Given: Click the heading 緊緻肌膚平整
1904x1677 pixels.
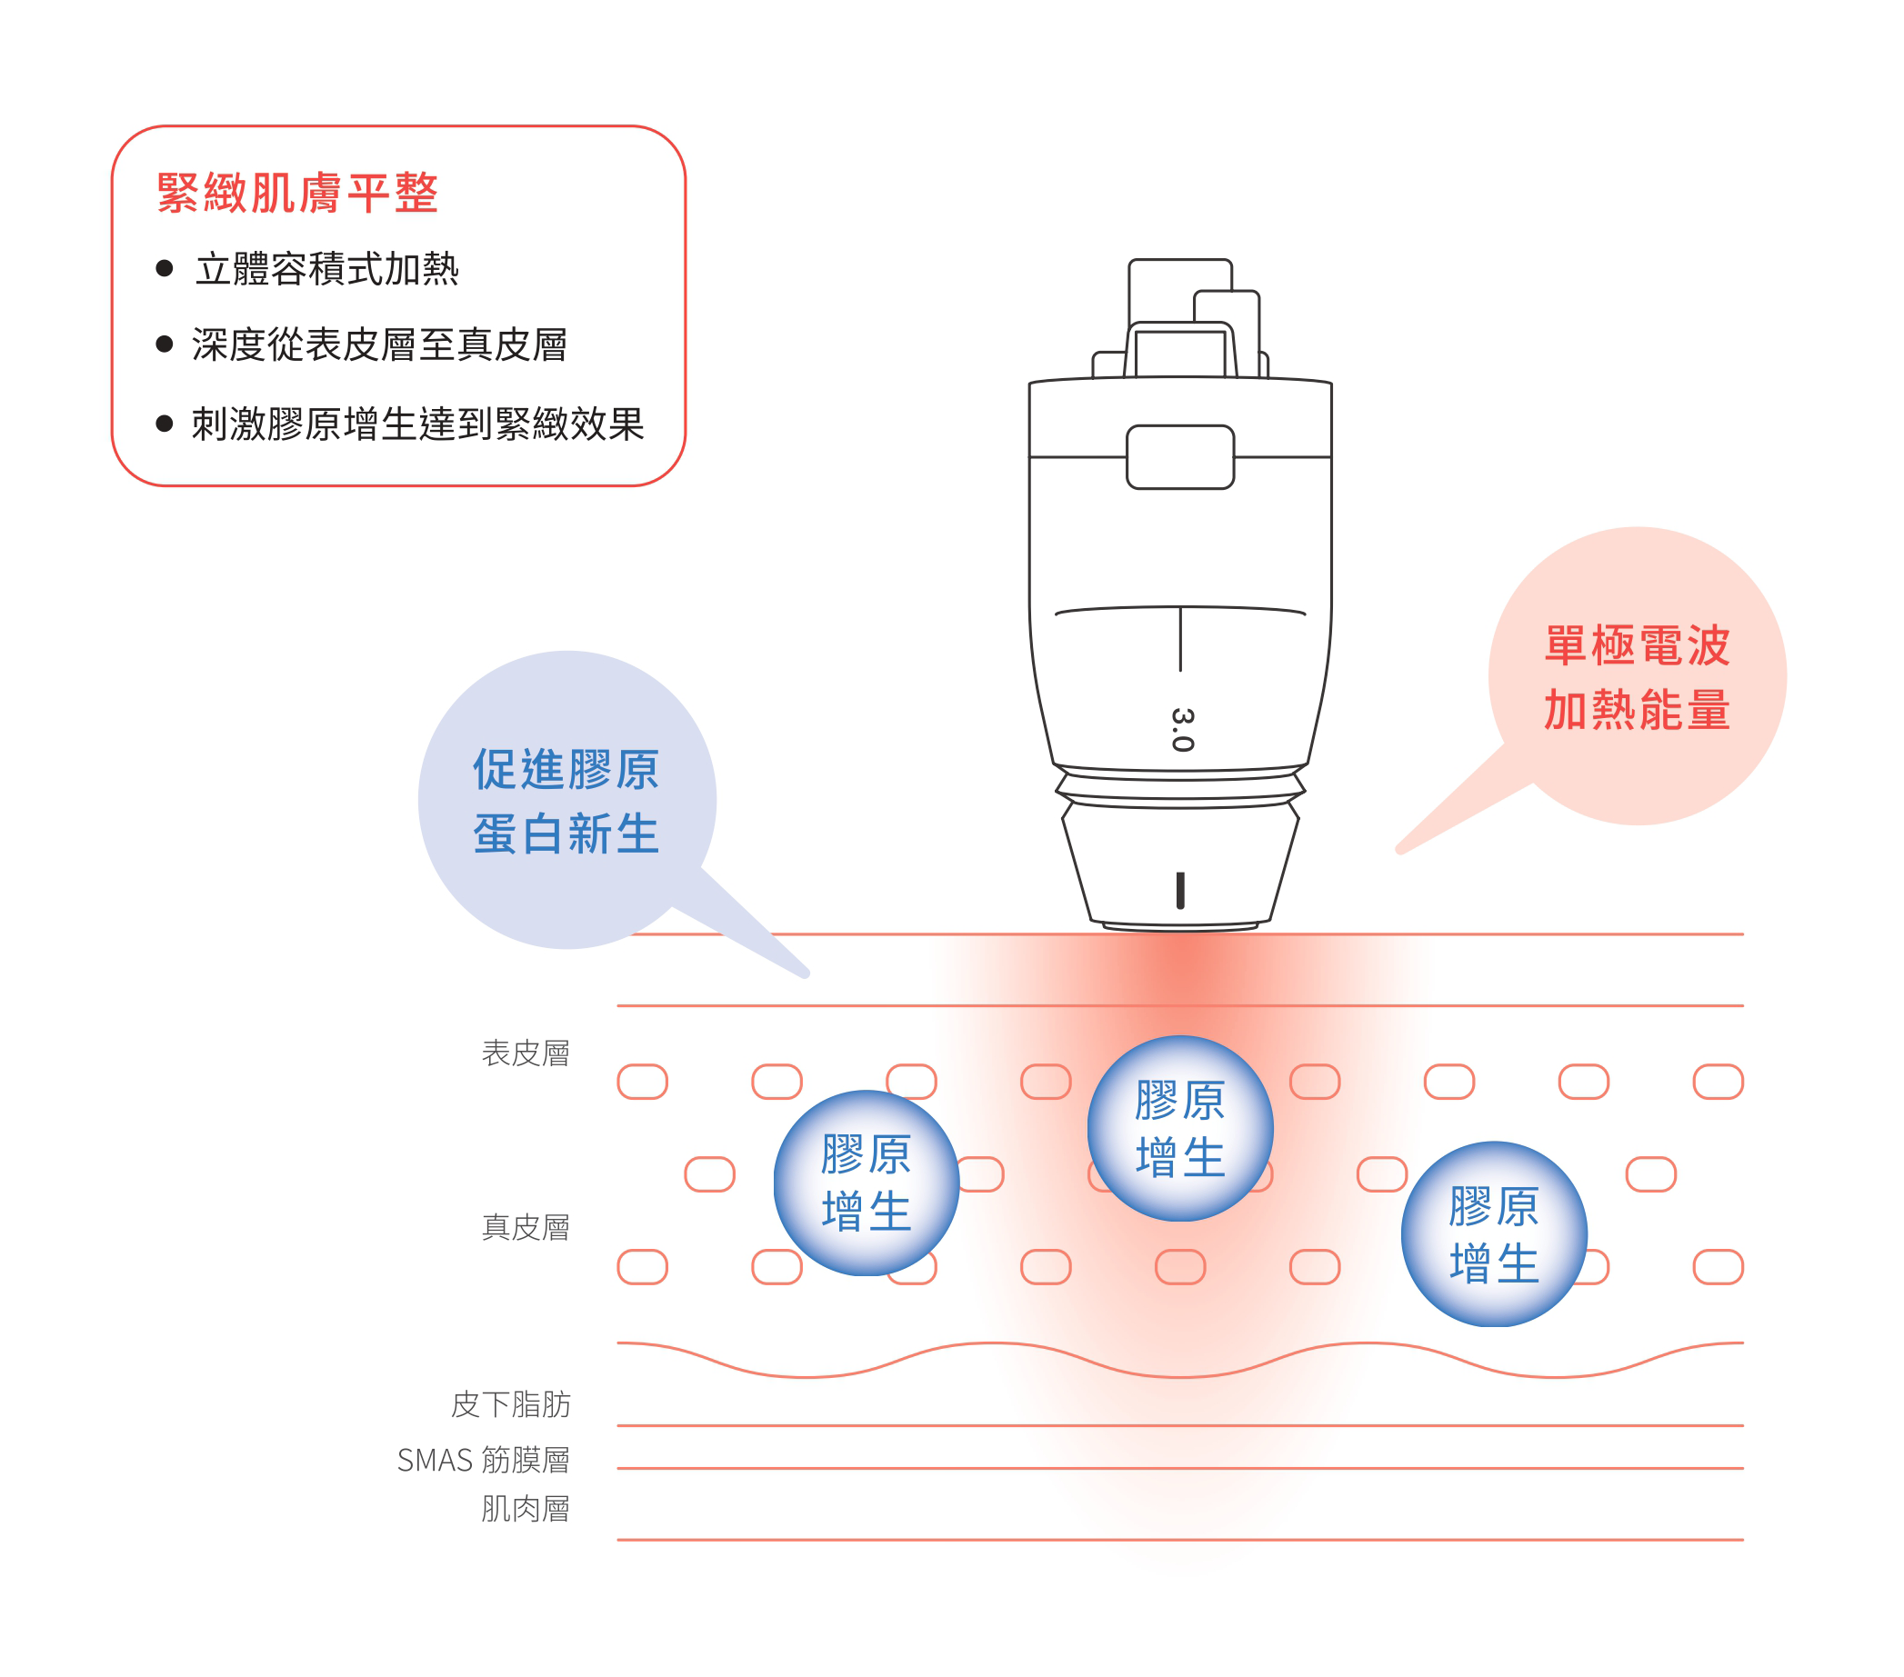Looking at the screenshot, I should pyautogui.click(x=297, y=194).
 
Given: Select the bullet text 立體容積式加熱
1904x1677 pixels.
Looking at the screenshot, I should pyautogui.click(x=327, y=269).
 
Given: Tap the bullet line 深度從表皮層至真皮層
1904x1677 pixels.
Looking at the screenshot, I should pyautogui.click(x=379, y=345).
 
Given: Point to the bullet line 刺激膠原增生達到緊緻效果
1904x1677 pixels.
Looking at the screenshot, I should pyautogui.click(x=418, y=424).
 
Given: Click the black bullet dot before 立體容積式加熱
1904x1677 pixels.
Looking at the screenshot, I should pyautogui.click(x=165, y=269).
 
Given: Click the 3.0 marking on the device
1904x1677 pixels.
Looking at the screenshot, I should pyautogui.click(x=1182, y=729).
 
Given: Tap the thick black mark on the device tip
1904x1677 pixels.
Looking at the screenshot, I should pyautogui.click(x=1180, y=890).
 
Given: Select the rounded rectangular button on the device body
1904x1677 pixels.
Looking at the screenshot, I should pyautogui.click(x=1180, y=457).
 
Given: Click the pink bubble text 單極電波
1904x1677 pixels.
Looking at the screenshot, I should pyautogui.click(x=1637, y=645).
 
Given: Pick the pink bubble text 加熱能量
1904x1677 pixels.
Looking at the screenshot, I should pyautogui.click(x=1637, y=711).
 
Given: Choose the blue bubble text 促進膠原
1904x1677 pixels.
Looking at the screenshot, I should pyautogui.click(x=566, y=769).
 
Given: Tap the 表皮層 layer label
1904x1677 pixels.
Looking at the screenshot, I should pyautogui.click(x=526, y=1054).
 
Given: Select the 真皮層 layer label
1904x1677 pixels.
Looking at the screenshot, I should pyautogui.click(x=526, y=1228).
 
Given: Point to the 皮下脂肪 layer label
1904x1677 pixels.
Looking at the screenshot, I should pyautogui.click(x=510, y=1404).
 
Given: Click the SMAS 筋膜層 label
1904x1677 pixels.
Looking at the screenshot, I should pyautogui.click(x=483, y=1460).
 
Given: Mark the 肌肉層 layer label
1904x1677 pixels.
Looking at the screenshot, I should pyautogui.click(x=526, y=1510).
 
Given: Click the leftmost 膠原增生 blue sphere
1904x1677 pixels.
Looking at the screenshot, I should pyautogui.click(x=867, y=1183).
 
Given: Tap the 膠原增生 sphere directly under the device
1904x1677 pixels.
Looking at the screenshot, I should pyautogui.click(x=1180, y=1129).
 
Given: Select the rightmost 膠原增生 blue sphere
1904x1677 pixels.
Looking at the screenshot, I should pyautogui.click(x=1494, y=1234).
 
